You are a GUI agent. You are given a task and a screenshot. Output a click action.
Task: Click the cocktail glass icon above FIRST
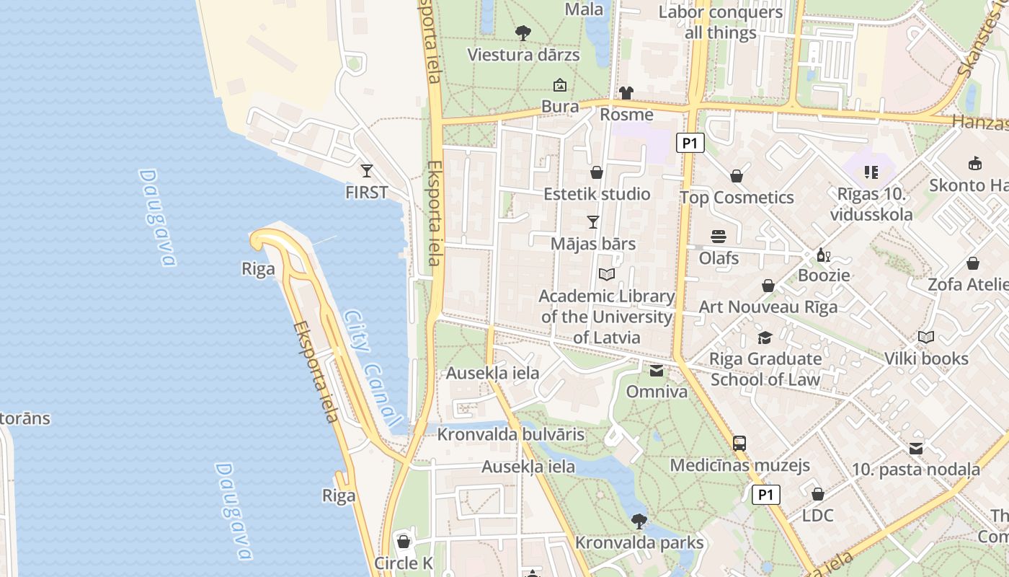(367, 171)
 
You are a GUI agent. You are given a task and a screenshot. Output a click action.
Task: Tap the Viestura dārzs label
(523, 55)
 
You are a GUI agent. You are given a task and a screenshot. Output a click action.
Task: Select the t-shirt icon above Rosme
(626, 93)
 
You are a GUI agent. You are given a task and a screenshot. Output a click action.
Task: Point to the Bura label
(560, 107)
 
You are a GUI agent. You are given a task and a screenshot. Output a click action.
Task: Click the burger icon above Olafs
(719, 237)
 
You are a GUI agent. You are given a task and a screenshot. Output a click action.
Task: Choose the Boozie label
(824, 275)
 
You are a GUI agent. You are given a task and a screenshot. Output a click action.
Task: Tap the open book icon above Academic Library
(607, 275)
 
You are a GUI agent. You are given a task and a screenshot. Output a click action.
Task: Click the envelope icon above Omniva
(657, 371)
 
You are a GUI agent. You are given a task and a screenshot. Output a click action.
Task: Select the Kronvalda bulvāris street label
(510, 435)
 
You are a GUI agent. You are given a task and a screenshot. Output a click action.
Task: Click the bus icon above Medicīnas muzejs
(739, 444)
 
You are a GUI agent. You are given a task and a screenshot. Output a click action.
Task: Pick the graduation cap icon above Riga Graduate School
(765, 338)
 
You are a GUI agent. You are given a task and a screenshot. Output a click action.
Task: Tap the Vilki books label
(926, 358)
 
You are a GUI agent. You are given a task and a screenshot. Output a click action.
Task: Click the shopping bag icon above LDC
(817, 494)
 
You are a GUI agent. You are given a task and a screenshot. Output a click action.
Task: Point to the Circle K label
(404, 563)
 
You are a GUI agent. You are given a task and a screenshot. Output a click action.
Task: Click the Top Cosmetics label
(737, 198)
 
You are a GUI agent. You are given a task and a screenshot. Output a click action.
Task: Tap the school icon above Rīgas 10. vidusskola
(871, 172)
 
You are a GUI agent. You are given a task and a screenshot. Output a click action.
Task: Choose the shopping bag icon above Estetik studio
(597, 172)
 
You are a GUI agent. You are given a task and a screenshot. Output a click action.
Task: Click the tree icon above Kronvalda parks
(639, 521)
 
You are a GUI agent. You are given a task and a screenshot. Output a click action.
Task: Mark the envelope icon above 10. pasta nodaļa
(916, 449)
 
